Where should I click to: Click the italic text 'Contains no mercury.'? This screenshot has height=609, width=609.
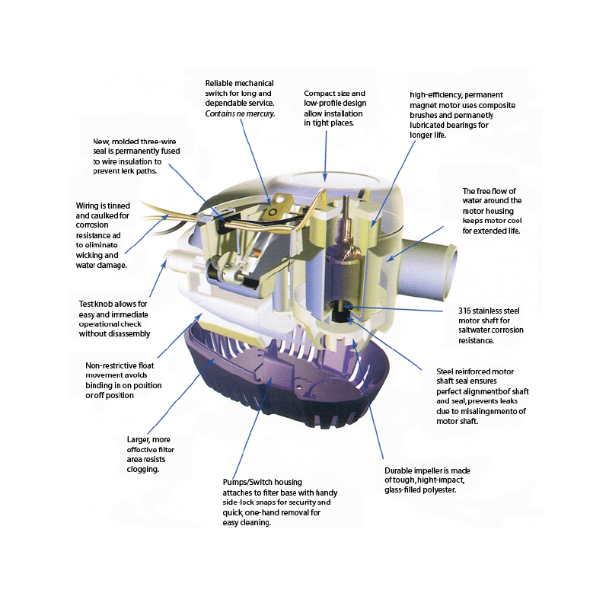[x=240, y=113]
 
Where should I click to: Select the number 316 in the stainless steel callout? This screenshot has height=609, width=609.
[x=464, y=311]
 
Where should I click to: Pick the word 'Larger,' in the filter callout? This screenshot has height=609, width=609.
[x=139, y=440]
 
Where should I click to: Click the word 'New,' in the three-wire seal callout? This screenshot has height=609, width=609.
[x=101, y=142]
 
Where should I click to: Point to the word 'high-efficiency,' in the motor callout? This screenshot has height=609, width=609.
[x=435, y=95]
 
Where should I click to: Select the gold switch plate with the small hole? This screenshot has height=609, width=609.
[x=273, y=211]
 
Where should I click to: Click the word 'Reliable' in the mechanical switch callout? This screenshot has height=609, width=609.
[x=218, y=84]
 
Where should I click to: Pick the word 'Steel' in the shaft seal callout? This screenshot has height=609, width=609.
[x=445, y=371]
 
